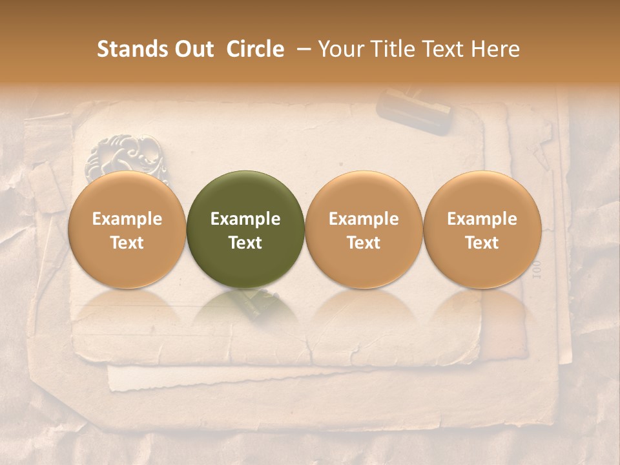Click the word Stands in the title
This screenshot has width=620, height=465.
[132, 49]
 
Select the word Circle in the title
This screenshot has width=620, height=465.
[255, 49]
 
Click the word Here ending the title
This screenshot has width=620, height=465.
[495, 49]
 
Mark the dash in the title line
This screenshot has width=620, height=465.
[304, 49]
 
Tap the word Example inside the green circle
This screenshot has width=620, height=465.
[245, 219]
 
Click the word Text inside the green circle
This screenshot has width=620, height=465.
[245, 243]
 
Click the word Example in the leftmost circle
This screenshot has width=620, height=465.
[127, 219]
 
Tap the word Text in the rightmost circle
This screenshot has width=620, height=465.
[482, 243]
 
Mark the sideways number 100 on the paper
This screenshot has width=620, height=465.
[535, 269]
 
